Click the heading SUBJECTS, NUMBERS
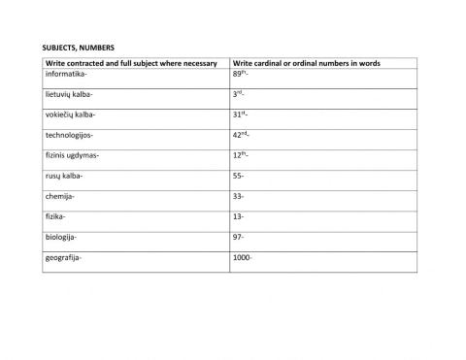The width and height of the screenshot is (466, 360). [x=80, y=46]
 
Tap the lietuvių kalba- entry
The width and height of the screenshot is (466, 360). [x=71, y=94]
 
